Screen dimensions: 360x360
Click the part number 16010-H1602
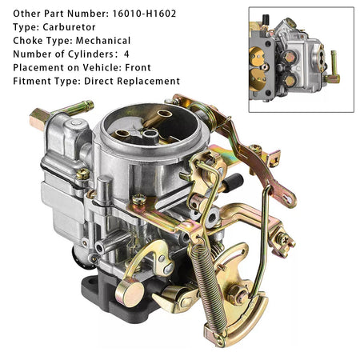coord(144,14)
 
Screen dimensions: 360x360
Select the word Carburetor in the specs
coord(69,27)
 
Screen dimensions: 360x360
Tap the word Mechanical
coord(103,41)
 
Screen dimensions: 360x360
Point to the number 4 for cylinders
coord(126,54)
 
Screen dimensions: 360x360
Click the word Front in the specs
coord(138,67)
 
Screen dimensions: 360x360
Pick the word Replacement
coord(149,81)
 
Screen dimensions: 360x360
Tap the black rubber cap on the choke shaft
coord(234,182)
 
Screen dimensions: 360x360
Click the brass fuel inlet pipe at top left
coord(62,114)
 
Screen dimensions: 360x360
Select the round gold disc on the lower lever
coord(130,294)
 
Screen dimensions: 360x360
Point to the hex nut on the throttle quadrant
coord(237,294)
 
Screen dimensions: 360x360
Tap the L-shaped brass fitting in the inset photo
coord(333,68)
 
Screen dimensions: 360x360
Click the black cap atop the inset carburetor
coord(266,19)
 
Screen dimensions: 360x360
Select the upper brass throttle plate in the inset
coord(256,57)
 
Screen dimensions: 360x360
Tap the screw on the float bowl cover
coord(83,174)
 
